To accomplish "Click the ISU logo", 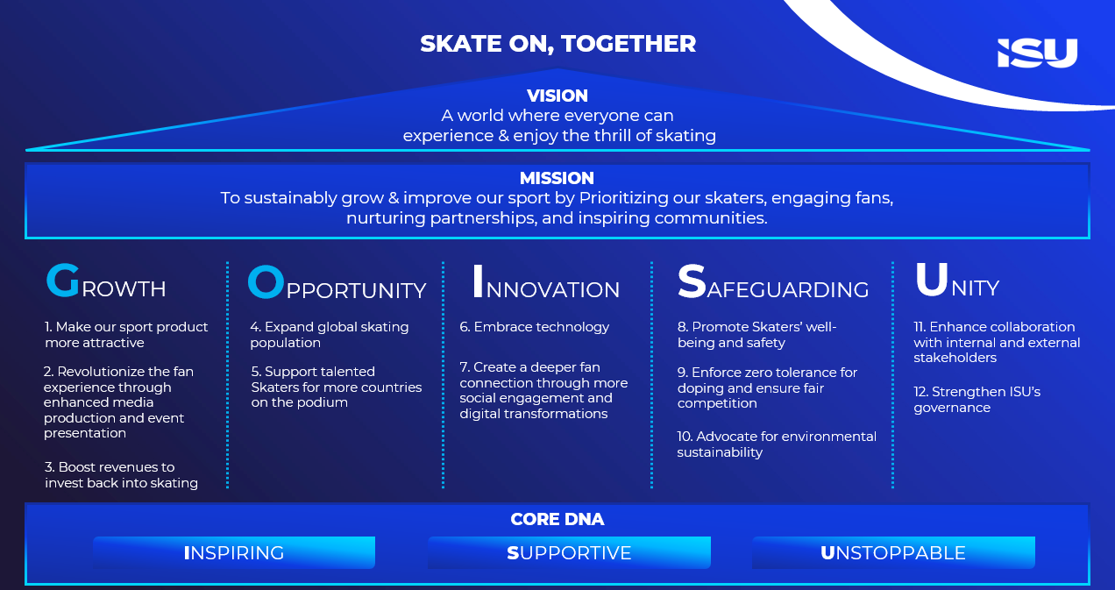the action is pos(1037,53).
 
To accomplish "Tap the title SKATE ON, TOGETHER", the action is pos(558,44).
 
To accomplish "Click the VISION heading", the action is pos(557,96).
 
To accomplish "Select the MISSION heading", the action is pos(557,178).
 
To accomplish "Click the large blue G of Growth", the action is pos(63,281).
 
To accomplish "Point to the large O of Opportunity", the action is pos(266,281).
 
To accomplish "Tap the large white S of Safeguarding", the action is pos(692,281).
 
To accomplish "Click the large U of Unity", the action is pos(931,280).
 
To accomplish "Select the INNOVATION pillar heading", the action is pos(546,282).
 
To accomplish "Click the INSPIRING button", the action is pos(234,552).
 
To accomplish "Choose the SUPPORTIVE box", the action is pos(569,552).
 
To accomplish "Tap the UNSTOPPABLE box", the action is pos(893,552).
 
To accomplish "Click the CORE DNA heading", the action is pos(557,519).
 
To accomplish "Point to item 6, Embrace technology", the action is pos(535,327).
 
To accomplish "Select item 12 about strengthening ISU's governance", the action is pos(977,399).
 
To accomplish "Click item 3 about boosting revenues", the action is pos(121,475).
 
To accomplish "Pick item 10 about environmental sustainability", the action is pos(777,444).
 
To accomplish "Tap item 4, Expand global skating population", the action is pos(329,335).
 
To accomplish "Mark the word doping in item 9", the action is pos(701,388).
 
